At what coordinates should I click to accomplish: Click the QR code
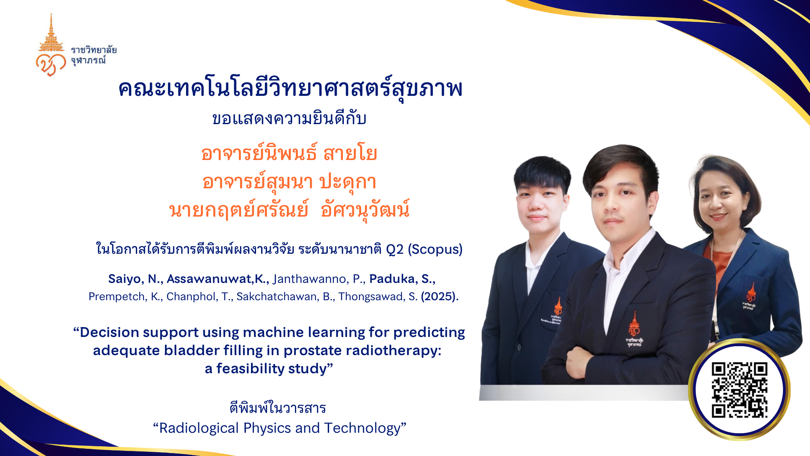[x=739, y=390]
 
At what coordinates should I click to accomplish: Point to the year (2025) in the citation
[x=440, y=296]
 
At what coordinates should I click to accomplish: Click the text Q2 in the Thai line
[x=395, y=250]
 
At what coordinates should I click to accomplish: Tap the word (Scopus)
[x=435, y=250]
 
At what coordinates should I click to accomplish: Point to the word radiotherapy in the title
[x=393, y=351]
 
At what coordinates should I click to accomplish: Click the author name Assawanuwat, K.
[x=218, y=279]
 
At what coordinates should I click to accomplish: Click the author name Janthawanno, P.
[x=319, y=279]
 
